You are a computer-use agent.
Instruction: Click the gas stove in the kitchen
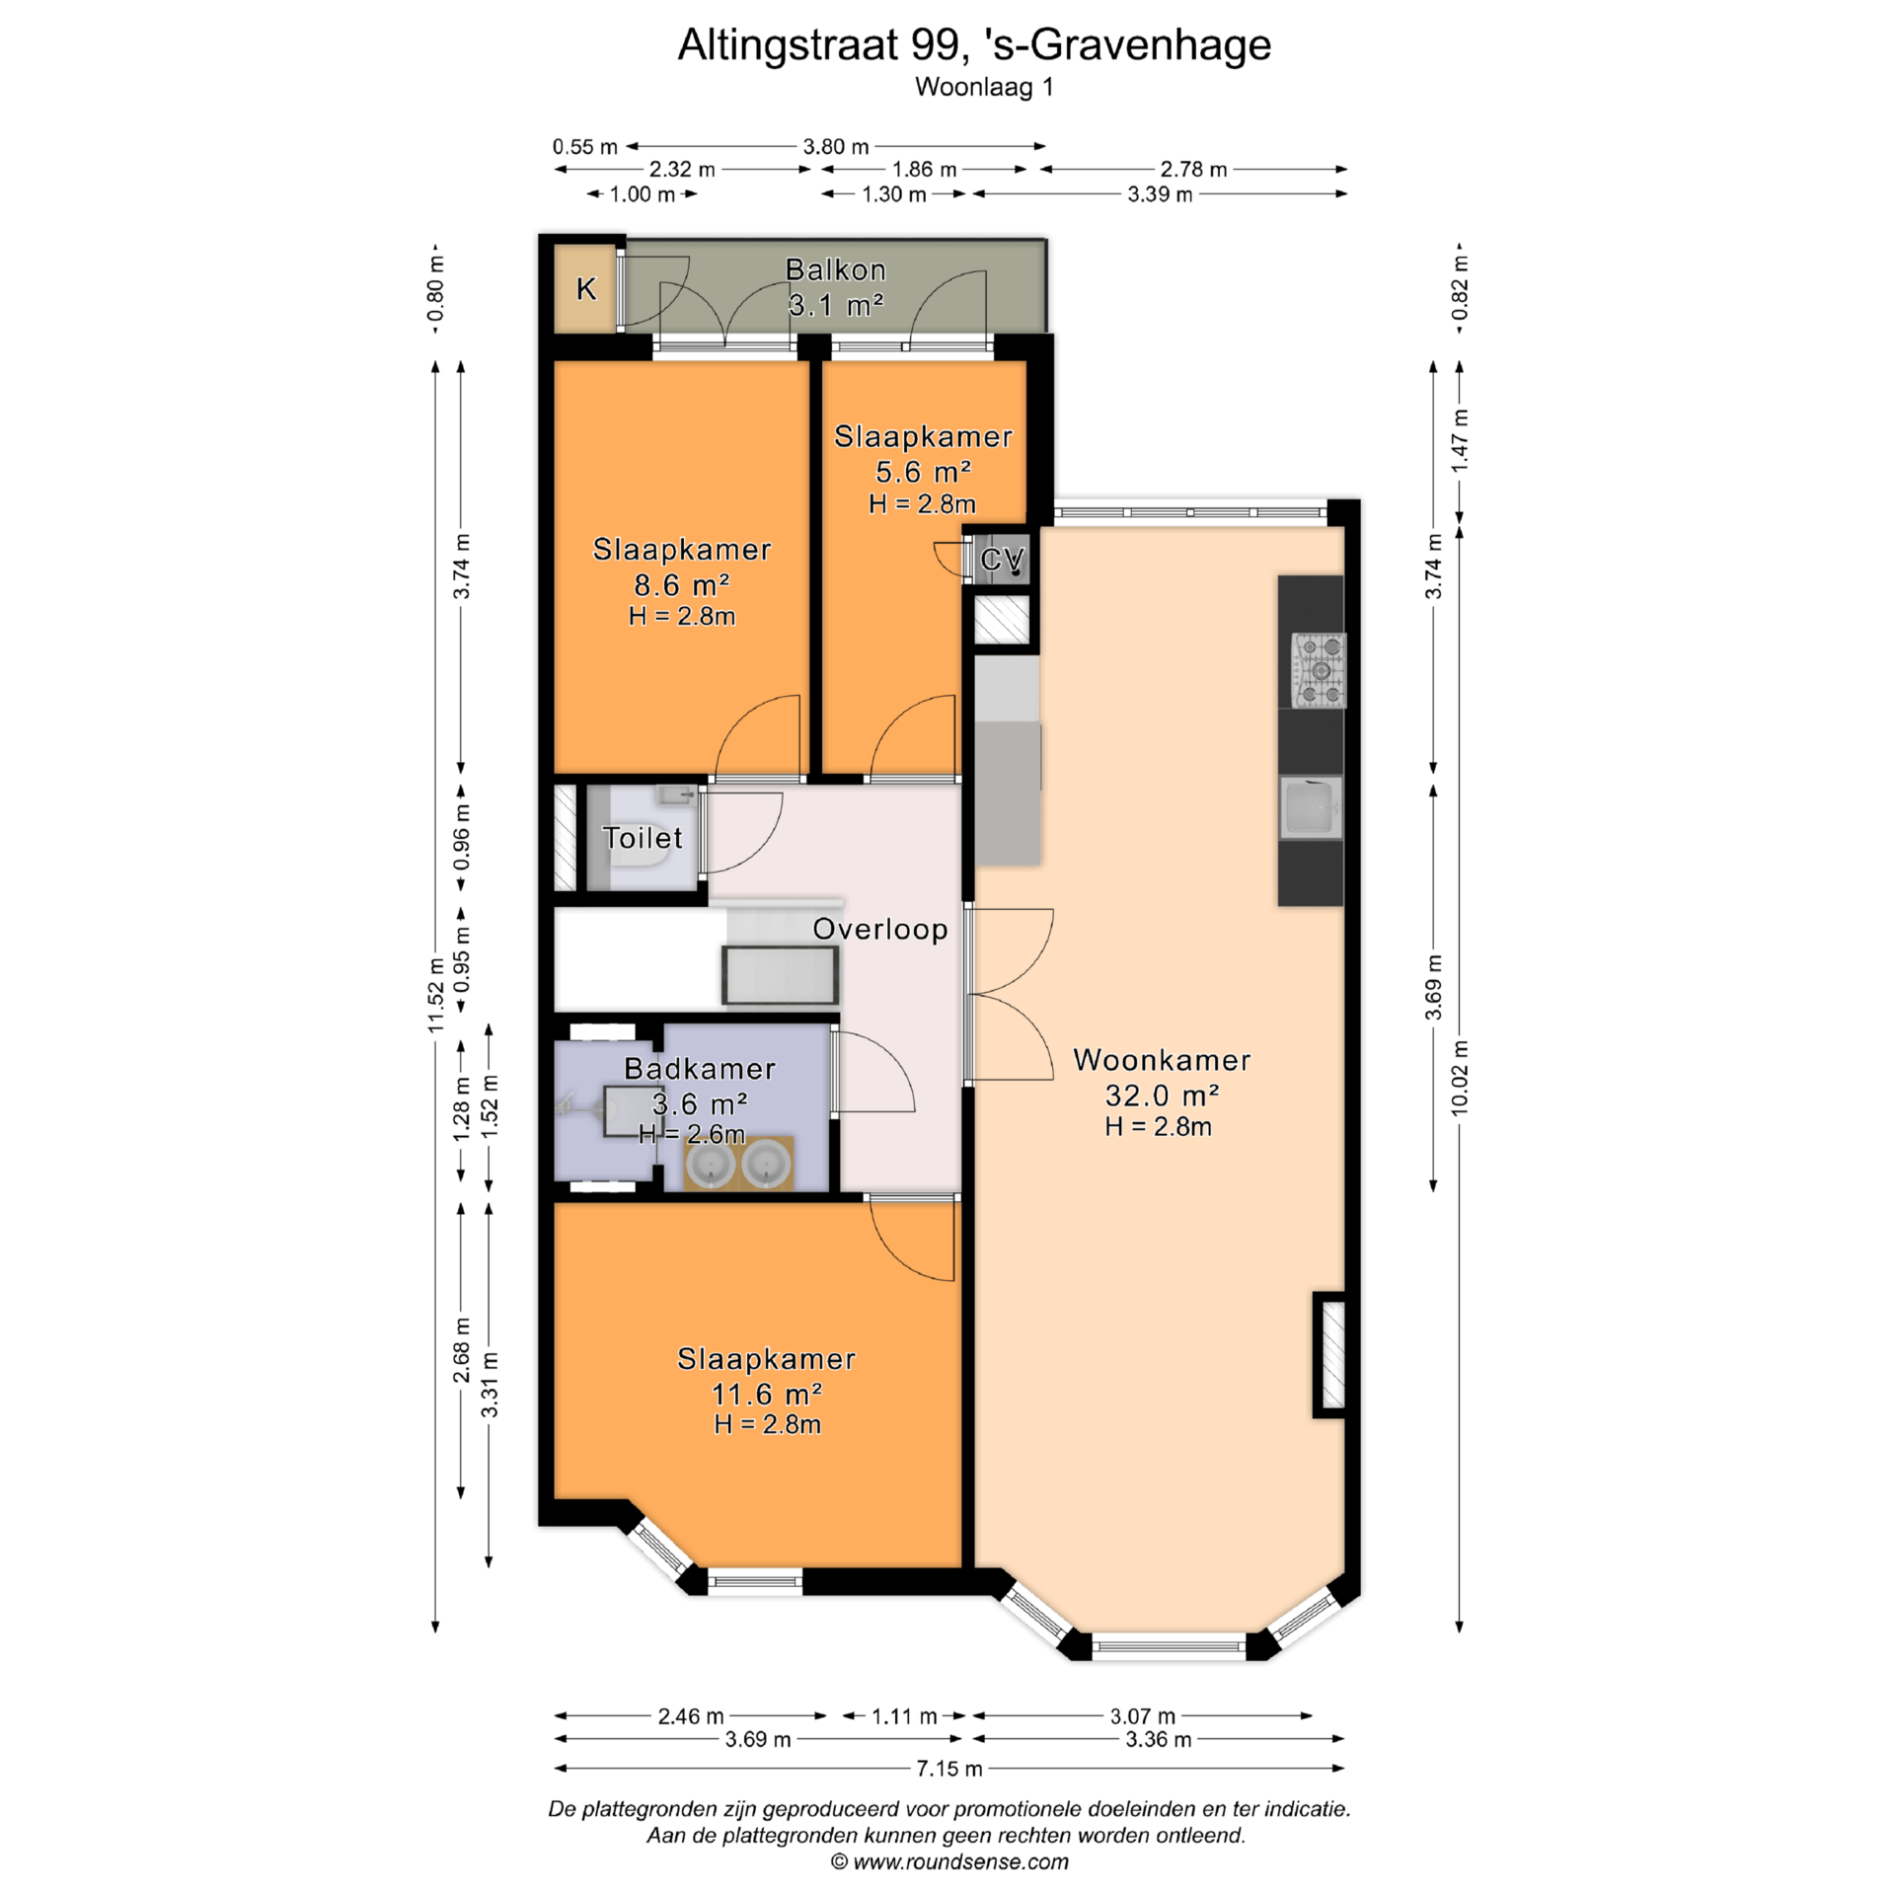(x=1320, y=670)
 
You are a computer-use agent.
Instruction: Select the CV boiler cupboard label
(x=1003, y=560)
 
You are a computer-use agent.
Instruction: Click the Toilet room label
(x=643, y=838)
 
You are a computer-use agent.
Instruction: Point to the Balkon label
(x=835, y=269)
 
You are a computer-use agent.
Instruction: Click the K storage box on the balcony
(x=586, y=288)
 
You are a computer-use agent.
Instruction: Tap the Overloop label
(x=880, y=929)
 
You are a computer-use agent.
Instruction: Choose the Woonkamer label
(x=1162, y=1060)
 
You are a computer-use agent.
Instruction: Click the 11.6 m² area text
(x=767, y=1394)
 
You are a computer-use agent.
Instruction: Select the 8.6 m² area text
(x=681, y=585)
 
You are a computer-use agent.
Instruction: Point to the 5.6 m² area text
(x=923, y=472)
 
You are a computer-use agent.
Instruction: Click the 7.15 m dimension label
(x=949, y=1769)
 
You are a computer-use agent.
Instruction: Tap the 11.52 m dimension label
(x=436, y=995)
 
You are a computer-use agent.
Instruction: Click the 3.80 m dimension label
(x=836, y=147)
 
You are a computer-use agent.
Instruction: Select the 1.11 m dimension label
(x=904, y=1716)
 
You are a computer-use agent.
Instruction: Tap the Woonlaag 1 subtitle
(x=984, y=87)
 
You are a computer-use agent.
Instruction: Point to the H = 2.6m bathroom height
(x=692, y=1134)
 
